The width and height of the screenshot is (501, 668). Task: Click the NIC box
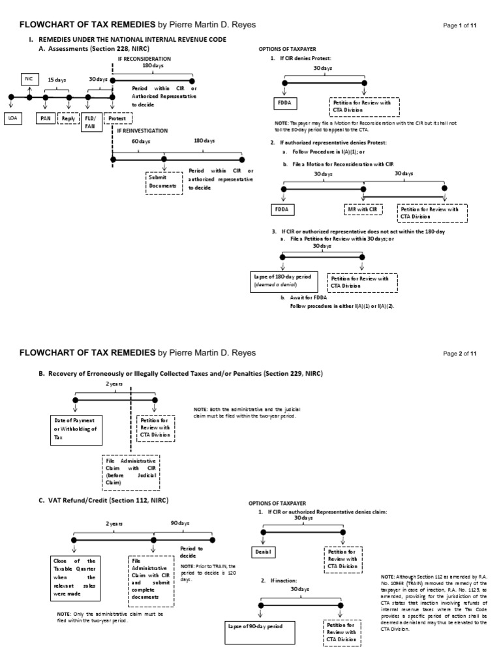tap(28, 78)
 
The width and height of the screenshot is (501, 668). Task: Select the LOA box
tap(12, 118)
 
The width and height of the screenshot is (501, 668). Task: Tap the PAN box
tap(45, 118)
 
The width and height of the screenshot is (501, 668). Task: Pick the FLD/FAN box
tap(90, 122)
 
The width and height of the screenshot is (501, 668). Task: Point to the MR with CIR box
tap(363, 209)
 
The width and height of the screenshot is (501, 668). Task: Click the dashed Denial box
tap(263, 553)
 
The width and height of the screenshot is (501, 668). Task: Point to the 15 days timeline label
tap(56, 80)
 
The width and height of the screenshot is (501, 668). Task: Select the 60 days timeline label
tap(137, 141)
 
